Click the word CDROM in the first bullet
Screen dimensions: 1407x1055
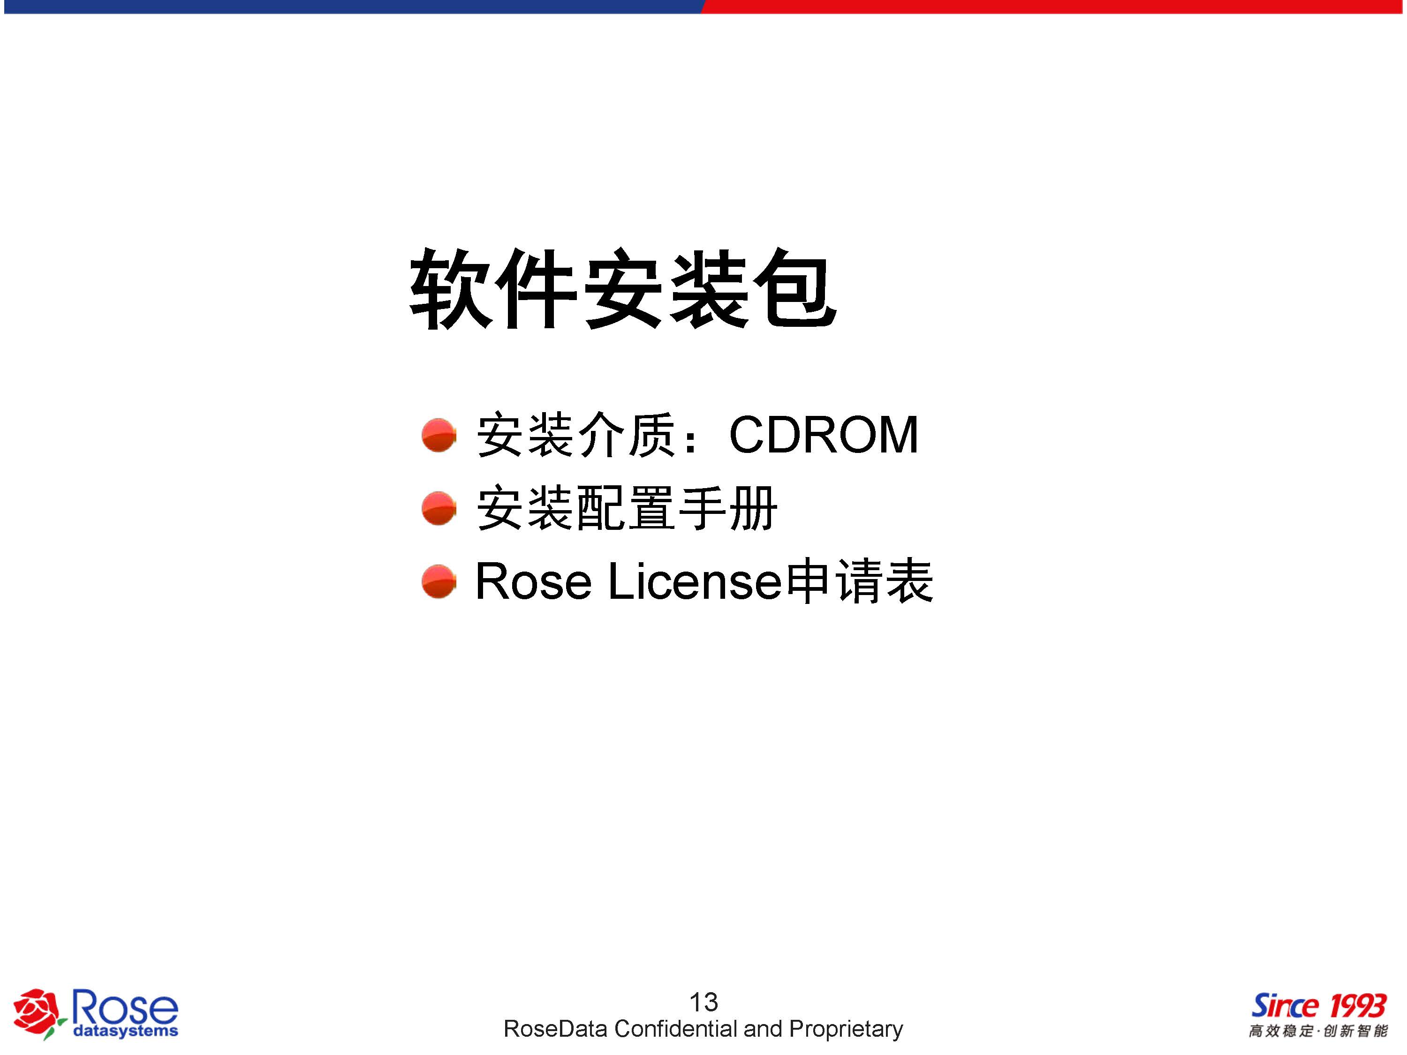(x=824, y=435)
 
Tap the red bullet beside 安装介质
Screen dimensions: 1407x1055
(x=439, y=435)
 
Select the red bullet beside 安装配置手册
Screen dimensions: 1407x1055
(x=439, y=508)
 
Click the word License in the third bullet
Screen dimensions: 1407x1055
(x=695, y=580)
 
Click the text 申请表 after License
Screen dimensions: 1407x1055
(x=859, y=580)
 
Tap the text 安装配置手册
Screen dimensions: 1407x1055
(x=627, y=508)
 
